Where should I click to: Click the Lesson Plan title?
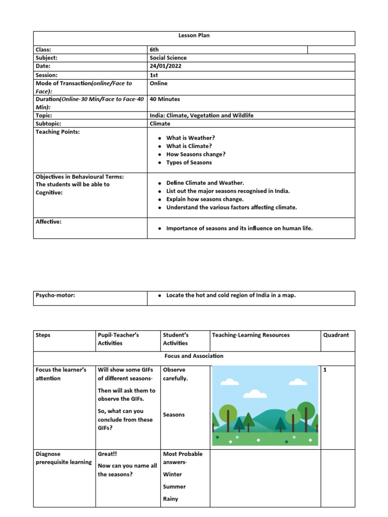pyautogui.click(x=194, y=36)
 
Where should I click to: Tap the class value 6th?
pyautogui.click(x=154, y=49)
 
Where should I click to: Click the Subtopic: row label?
pyautogui.click(x=48, y=124)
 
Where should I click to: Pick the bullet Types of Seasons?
pyautogui.click(x=189, y=163)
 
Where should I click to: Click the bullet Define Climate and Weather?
pyautogui.click(x=205, y=183)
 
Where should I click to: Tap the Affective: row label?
pyautogui.click(x=48, y=222)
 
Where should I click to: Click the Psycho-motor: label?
pyautogui.click(x=55, y=295)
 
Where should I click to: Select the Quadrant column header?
pyautogui.click(x=336, y=335)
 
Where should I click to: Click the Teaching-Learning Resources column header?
pyautogui.click(x=251, y=335)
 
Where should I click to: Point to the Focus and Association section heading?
pyautogui.click(x=194, y=356)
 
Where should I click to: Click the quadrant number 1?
pyautogui.click(x=325, y=370)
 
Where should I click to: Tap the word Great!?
pyautogui.click(x=107, y=454)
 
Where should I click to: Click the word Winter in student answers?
pyautogui.click(x=172, y=475)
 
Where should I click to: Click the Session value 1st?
pyautogui.click(x=154, y=75)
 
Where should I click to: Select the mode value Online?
pyautogui.click(x=159, y=83)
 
